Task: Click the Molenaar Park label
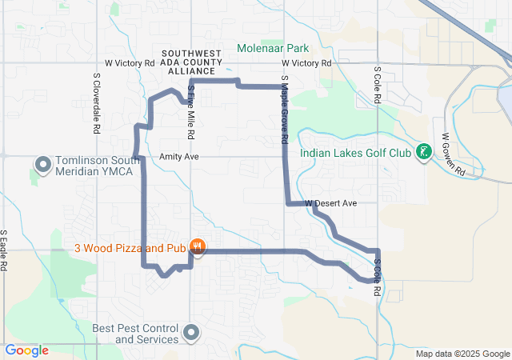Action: [x=272, y=47]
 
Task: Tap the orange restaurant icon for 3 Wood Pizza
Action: [x=198, y=248]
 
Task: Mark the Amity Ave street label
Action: [x=179, y=157]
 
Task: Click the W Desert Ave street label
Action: [x=330, y=204]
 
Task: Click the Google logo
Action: [x=27, y=350]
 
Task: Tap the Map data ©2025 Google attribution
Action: [x=462, y=354]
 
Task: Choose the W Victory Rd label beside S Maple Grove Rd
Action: [x=306, y=62]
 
